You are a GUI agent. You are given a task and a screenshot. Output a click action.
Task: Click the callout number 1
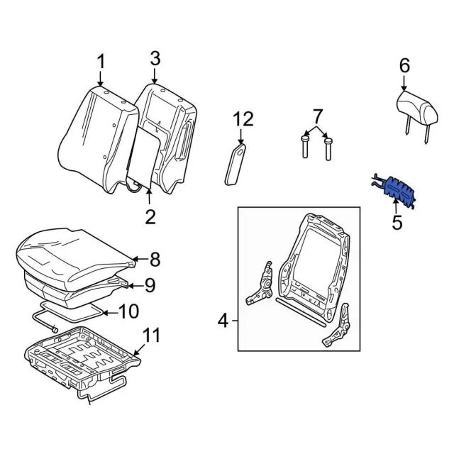point(101,62)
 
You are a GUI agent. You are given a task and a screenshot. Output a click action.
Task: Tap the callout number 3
point(155,59)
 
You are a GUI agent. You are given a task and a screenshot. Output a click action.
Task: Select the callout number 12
point(242,118)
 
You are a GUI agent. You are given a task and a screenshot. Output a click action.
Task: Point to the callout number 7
point(317,115)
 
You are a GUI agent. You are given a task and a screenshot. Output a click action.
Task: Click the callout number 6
point(404,65)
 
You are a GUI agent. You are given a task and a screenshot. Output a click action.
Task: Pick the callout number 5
point(397,222)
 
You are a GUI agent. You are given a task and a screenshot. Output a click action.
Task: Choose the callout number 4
point(223,321)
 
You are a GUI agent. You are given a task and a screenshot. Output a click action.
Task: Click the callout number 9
point(149,285)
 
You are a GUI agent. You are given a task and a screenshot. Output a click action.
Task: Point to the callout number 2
point(150,216)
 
